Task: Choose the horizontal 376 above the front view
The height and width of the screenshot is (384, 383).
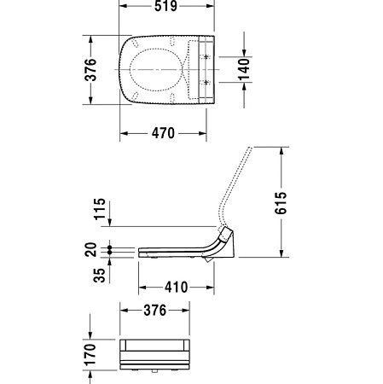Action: click(x=154, y=310)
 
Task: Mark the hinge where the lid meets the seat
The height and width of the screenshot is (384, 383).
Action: click(x=224, y=233)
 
